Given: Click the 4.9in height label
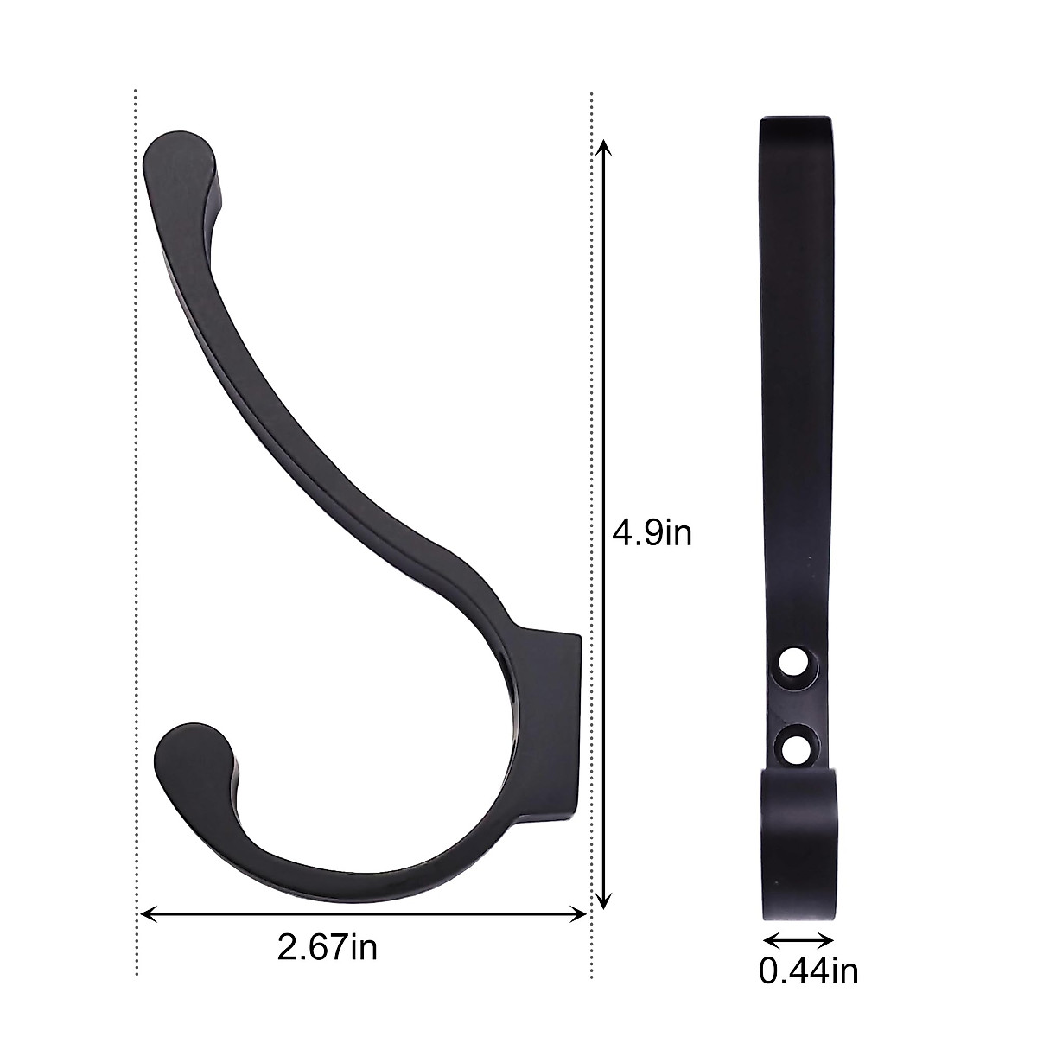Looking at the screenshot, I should [x=652, y=533].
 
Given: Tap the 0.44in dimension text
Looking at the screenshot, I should [x=809, y=971].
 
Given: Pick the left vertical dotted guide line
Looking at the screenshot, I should [x=137, y=518].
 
